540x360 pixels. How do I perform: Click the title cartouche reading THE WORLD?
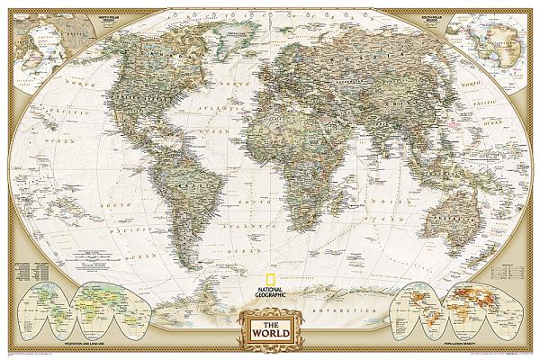coord(270,327)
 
